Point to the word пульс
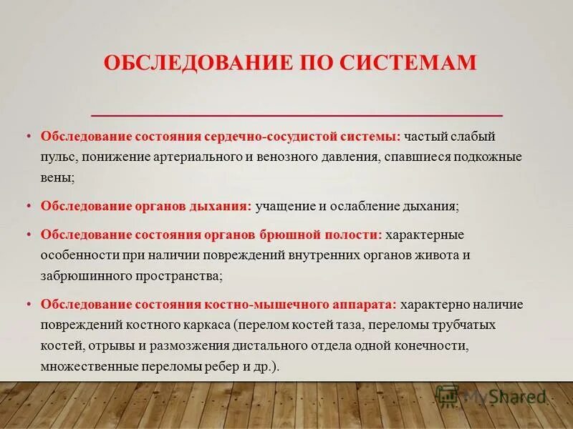(x=55, y=156)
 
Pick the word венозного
(x=286, y=156)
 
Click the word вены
(x=55, y=176)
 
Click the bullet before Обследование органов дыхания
(x=30, y=206)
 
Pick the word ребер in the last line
(x=221, y=365)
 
